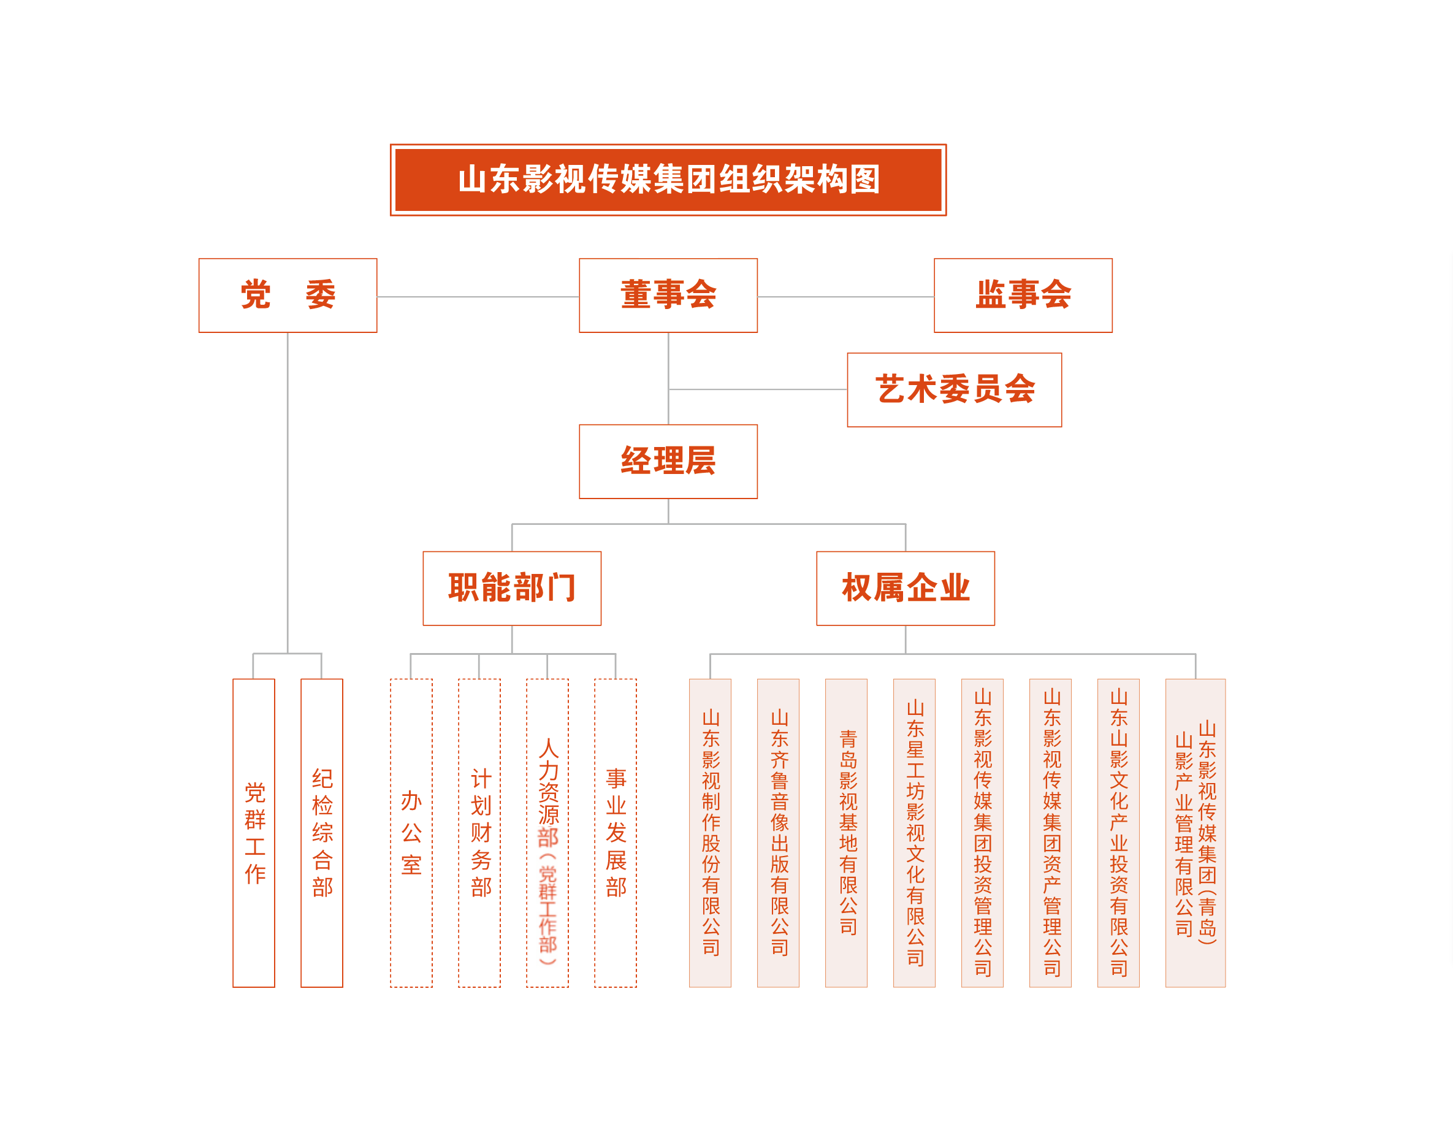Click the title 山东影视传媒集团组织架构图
tap(668, 180)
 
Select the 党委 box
tap(288, 296)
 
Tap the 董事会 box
tap(668, 296)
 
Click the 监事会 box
tap(1023, 296)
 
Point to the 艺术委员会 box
tap(954, 390)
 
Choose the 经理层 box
tap(668, 462)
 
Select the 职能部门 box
tap(511, 588)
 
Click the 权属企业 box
tap(906, 588)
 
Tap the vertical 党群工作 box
tap(253, 833)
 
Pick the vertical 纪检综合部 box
tap(322, 833)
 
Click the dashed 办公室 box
tap(411, 833)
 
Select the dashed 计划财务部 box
tap(479, 833)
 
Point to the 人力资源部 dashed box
tap(547, 833)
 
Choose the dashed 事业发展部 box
tap(616, 833)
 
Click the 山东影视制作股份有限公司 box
tap(710, 833)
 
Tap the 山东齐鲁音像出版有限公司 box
tap(779, 833)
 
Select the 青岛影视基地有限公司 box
tap(846, 833)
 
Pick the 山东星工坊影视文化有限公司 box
tap(914, 833)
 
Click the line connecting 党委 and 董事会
tap(478, 297)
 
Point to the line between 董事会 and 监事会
tap(845, 297)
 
